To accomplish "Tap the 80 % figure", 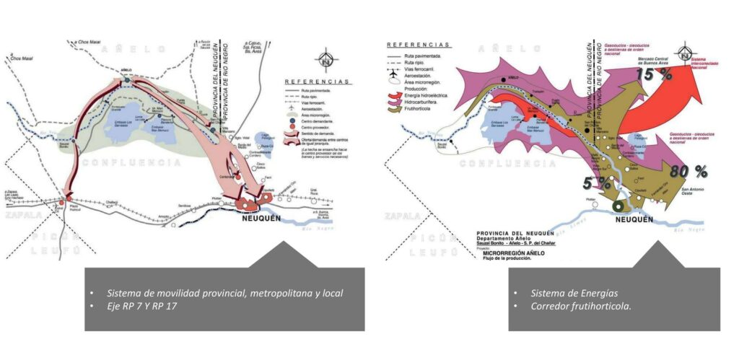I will [688, 172].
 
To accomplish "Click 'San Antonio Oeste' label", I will [691, 191].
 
